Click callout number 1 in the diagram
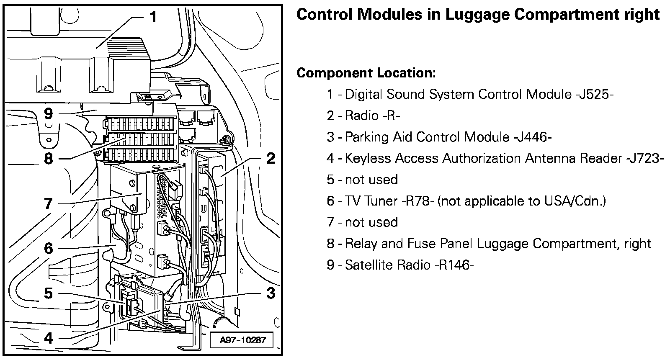coord(153,17)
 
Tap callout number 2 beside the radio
coord(271,159)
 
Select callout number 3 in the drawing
coord(271,293)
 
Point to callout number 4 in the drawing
coord(49,338)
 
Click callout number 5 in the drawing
coord(49,293)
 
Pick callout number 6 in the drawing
coord(49,248)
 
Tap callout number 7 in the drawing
coord(49,204)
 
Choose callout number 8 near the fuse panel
coord(49,159)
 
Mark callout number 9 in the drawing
coord(49,113)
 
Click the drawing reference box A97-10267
coord(243,340)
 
